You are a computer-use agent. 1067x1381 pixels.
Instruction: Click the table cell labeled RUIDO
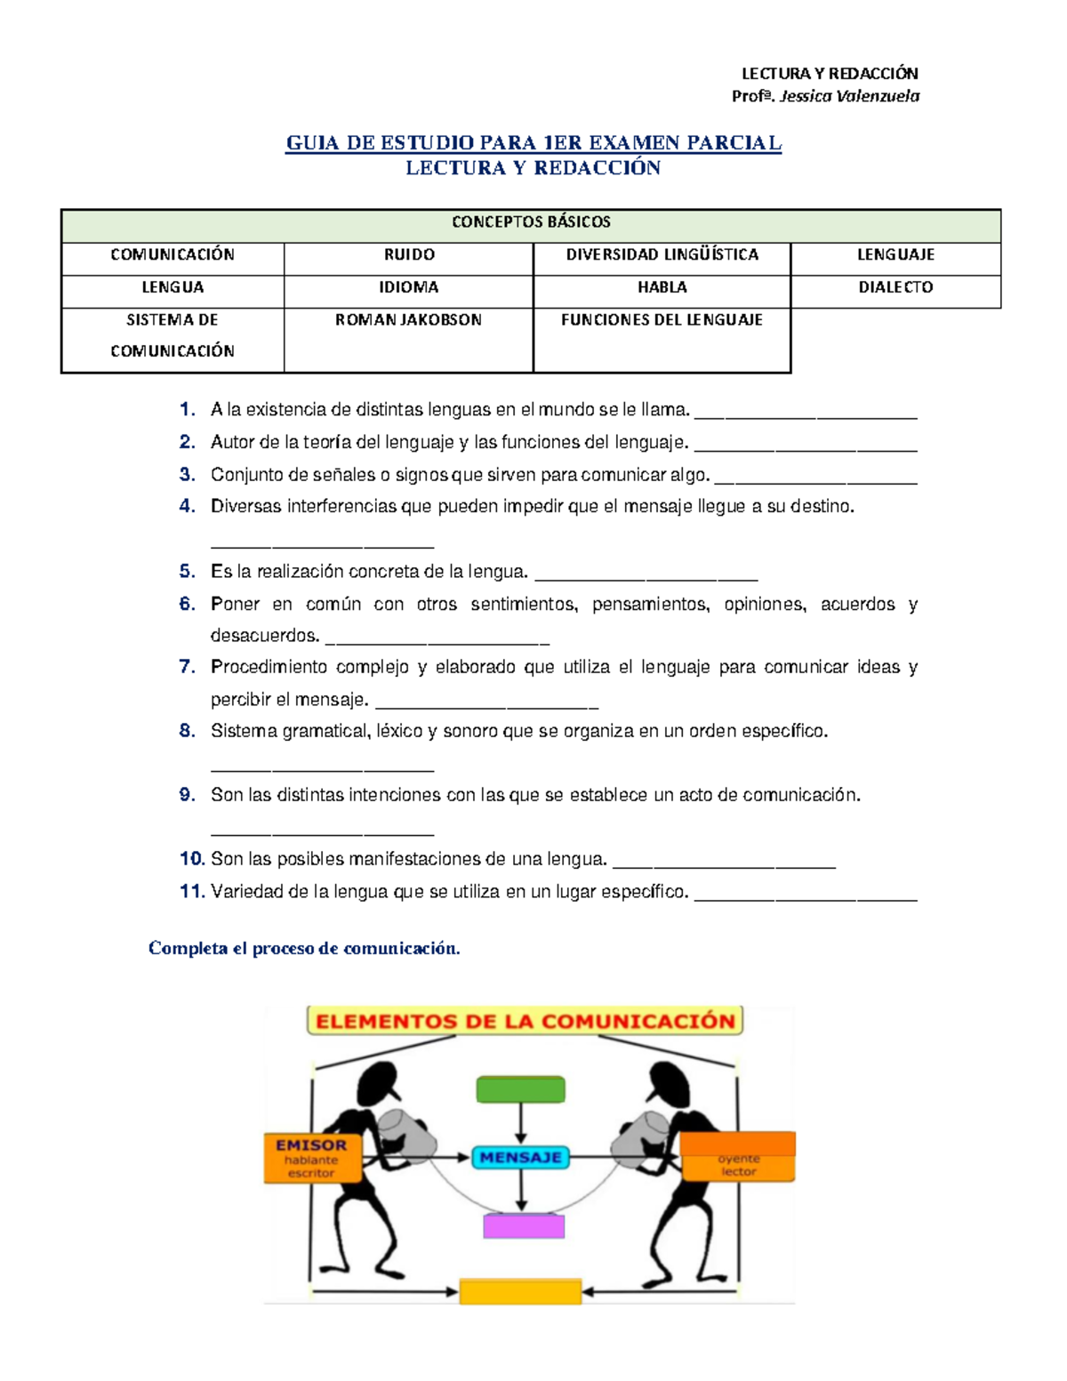[409, 255]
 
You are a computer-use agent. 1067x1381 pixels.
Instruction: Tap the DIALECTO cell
[895, 288]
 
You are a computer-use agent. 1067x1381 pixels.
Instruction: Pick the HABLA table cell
[662, 288]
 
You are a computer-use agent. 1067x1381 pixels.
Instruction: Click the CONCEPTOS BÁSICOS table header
[531, 222]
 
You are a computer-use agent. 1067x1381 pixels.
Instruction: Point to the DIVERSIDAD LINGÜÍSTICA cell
[662, 255]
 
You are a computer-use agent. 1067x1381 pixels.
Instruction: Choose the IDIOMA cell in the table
[408, 288]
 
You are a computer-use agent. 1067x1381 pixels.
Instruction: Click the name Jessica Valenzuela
[848, 96]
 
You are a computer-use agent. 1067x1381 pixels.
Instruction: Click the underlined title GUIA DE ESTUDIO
[533, 143]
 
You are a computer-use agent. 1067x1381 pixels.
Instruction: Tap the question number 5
[187, 572]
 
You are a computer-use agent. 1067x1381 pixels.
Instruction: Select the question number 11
[192, 891]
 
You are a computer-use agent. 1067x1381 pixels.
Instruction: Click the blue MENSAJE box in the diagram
[521, 1157]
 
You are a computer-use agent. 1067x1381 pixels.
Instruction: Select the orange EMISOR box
[311, 1158]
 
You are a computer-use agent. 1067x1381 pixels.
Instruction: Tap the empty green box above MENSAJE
[521, 1089]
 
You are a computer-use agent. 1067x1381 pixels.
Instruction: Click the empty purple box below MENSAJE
[524, 1226]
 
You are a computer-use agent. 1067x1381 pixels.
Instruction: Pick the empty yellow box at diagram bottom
[520, 1291]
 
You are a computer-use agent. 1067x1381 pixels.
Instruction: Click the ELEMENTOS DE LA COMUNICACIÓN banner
[525, 1021]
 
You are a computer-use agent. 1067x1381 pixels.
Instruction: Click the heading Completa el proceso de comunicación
[304, 948]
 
